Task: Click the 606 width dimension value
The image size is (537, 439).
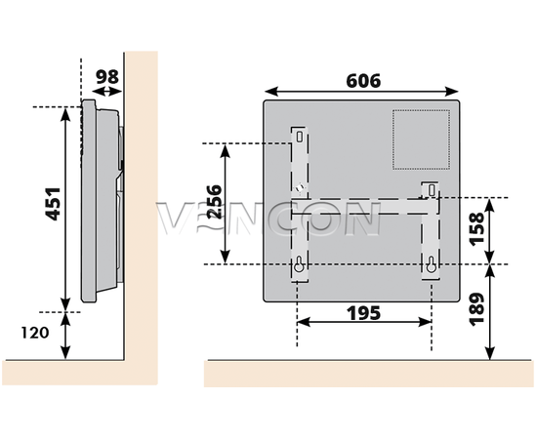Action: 363,81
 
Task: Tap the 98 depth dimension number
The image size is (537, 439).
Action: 106,77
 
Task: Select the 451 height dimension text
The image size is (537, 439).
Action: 53,204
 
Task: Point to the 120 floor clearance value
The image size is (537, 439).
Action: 35,333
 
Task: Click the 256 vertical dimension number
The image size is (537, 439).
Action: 215,202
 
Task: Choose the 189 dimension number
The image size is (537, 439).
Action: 476,309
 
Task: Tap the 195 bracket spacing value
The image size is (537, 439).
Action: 364,313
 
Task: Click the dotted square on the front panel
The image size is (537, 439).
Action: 421,140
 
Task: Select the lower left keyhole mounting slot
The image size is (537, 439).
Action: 299,264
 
